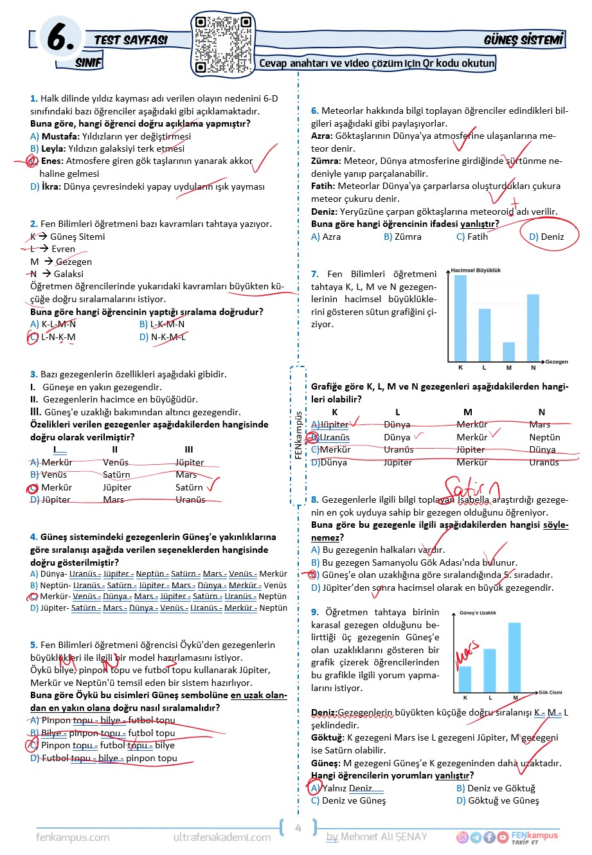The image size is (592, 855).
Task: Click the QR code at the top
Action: [x=223, y=44]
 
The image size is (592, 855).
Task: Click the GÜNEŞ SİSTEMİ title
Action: [x=523, y=40]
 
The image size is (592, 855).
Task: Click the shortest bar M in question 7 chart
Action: [x=508, y=352]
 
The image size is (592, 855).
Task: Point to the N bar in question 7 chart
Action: [x=533, y=328]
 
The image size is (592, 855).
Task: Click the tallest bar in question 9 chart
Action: [x=514, y=657]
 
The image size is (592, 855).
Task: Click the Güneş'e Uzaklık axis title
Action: [x=478, y=613]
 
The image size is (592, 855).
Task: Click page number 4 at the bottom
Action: [x=298, y=828]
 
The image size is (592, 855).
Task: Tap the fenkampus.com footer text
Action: [x=73, y=837]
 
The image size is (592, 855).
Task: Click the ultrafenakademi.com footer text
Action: [x=222, y=837]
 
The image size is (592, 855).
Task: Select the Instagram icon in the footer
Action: [x=462, y=837]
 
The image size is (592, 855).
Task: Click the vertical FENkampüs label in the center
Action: [x=298, y=435]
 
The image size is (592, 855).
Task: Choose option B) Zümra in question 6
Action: [x=402, y=237]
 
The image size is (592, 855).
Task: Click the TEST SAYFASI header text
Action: [x=130, y=40]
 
